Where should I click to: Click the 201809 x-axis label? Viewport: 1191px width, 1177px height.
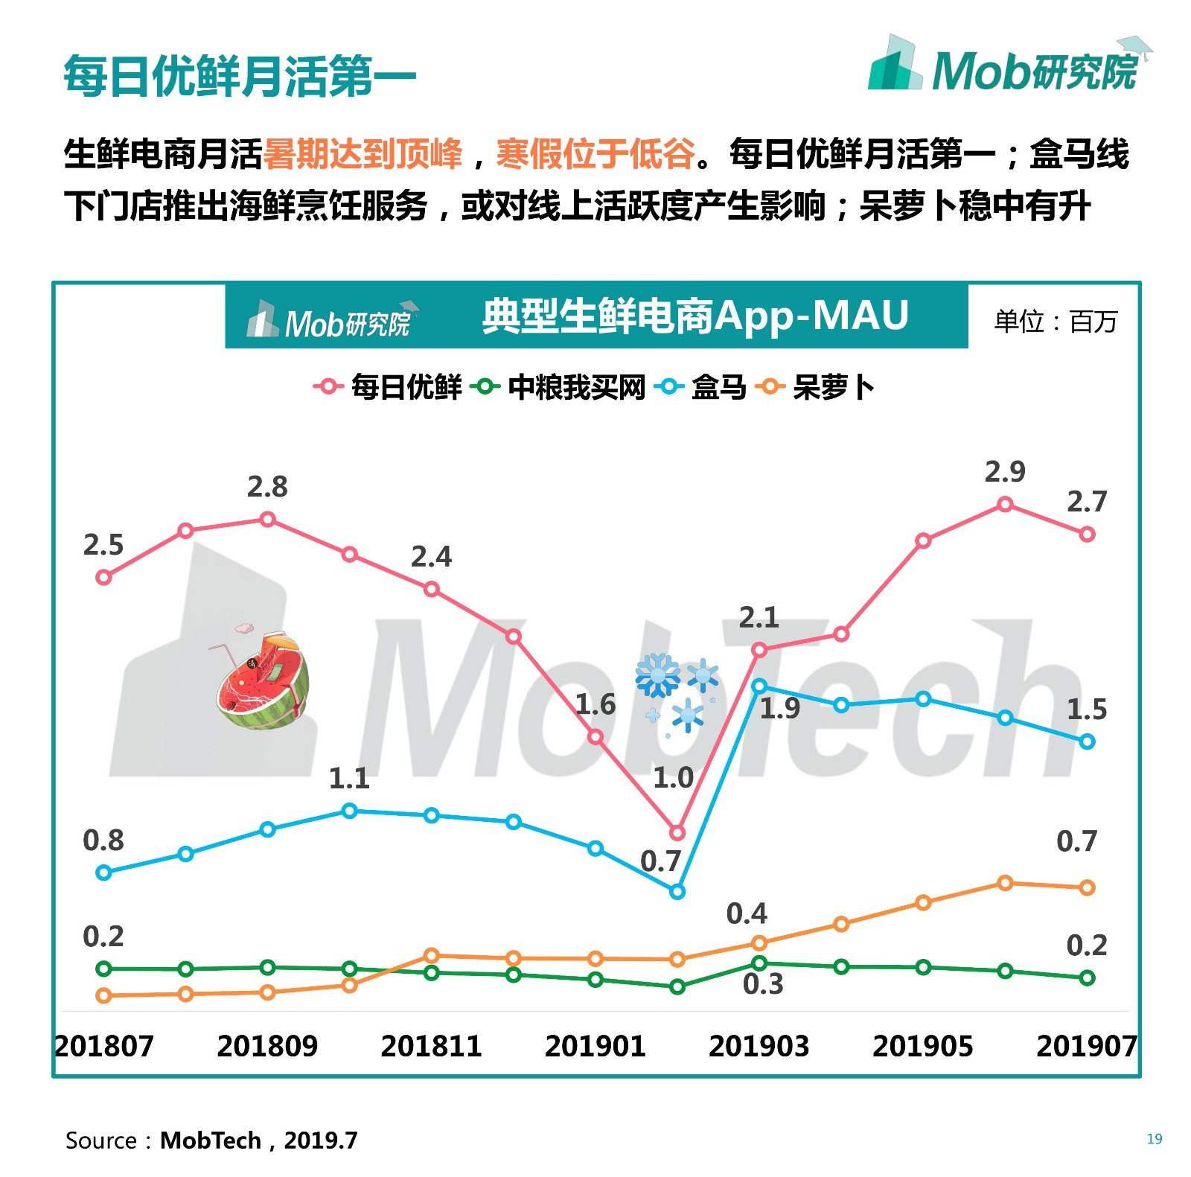[x=267, y=1046]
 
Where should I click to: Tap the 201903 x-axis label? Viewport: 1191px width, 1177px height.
[x=759, y=1046]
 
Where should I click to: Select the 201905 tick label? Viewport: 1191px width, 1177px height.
[x=922, y=1046]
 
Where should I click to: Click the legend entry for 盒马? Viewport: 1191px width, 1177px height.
[x=702, y=387]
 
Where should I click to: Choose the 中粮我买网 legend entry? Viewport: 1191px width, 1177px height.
[x=559, y=387]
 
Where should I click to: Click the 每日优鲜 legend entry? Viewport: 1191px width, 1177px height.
[x=389, y=387]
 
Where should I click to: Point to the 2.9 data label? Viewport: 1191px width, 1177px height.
[x=1005, y=472]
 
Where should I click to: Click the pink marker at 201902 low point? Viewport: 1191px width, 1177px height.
[x=677, y=832]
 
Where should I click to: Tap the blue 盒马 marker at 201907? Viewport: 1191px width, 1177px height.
[x=1087, y=741]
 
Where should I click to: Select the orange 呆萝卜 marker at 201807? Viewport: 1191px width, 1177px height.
[x=104, y=995]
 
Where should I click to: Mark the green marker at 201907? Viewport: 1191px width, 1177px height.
[x=1087, y=977]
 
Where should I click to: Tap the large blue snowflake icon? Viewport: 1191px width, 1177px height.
[x=657, y=675]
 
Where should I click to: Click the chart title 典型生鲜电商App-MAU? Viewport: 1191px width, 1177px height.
[x=695, y=316]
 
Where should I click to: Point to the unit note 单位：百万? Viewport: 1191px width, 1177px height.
[x=1056, y=322]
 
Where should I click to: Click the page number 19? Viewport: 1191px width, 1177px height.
[x=1154, y=1138]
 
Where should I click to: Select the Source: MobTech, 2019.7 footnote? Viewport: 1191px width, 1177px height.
[x=211, y=1141]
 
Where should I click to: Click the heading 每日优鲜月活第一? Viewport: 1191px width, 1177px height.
[x=240, y=76]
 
